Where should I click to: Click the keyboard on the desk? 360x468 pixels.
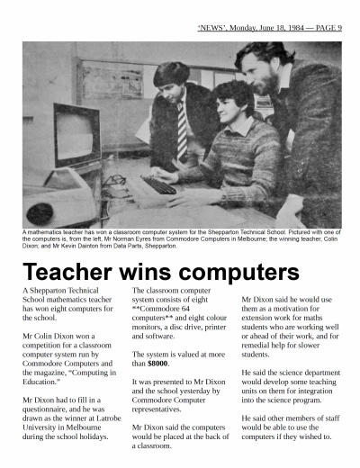coord(158,184)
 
